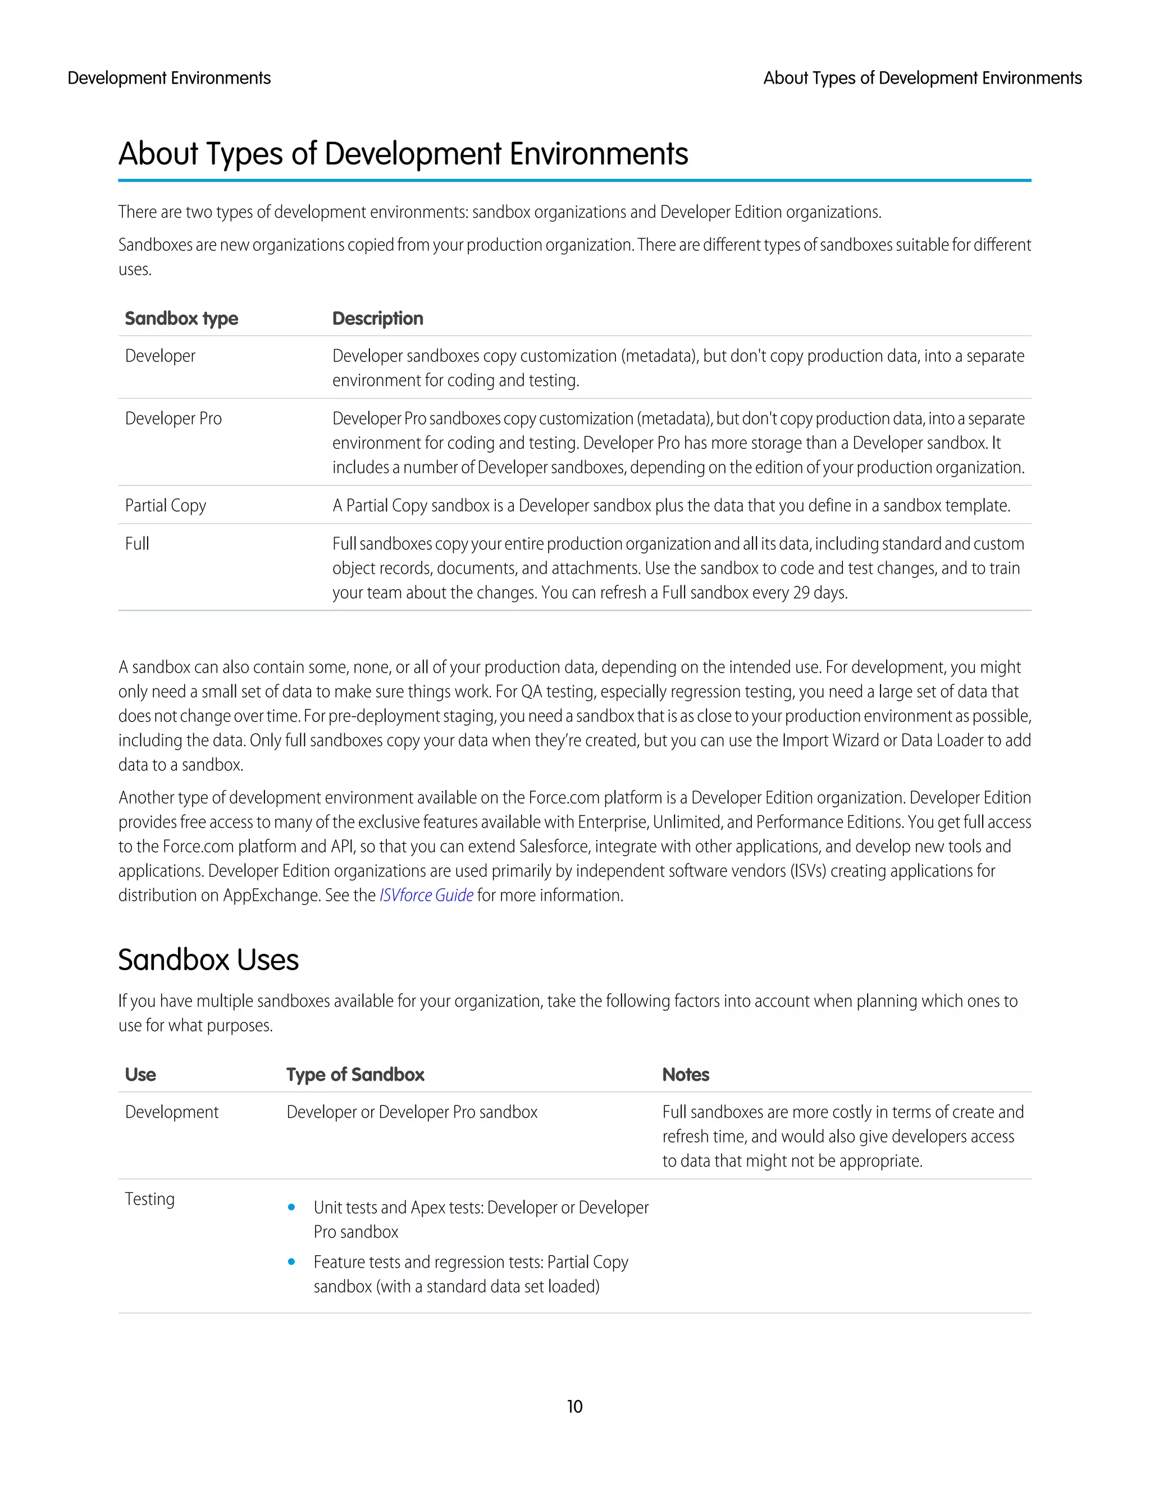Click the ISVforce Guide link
coord(426,896)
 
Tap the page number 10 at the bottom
coord(574,1407)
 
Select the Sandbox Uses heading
coord(208,960)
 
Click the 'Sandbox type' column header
coord(181,319)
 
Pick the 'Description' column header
coord(377,319)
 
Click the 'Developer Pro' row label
coord(173,419)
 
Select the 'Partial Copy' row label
coord(166,506)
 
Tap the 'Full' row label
coord(137,544)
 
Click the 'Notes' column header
coord(686,1075)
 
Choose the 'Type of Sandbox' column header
coord(355,1075)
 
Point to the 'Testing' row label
coord(149,1199)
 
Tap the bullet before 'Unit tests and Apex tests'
coord(291,1207)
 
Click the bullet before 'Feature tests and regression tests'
coord(291,1261)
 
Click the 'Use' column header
coord(140,1075)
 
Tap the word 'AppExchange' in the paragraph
coord(271,896)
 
